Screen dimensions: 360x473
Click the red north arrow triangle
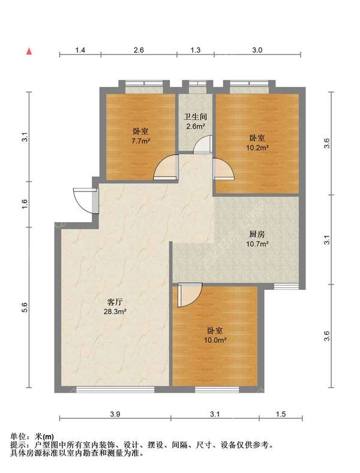(x=29, y=52)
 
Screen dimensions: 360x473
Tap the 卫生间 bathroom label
(x=196, y=116)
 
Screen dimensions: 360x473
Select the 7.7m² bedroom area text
(x=140, y=141)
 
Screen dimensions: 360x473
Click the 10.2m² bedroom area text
(x=257, y=148)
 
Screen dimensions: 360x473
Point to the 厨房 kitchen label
(x=257, y=234)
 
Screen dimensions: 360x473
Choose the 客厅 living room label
(x=115, y=302)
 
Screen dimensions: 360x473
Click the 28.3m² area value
(x=115, y=312)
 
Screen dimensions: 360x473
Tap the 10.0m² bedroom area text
(x=215, y=340)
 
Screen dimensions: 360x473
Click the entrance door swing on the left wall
(x=85, y=200)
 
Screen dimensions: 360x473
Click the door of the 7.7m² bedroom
(x=165, y=167)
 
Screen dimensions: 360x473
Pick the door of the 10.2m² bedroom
(x=223, y=169)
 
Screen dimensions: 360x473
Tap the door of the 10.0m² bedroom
(x=190, y=295)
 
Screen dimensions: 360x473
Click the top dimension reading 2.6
(x=139, y=50)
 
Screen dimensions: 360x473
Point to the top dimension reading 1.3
(x=196, y=50)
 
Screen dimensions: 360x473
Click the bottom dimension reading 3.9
(x=115, y=414)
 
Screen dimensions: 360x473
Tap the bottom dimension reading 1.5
(x=280, y=414)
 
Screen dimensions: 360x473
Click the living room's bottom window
(x=115, y=390)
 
